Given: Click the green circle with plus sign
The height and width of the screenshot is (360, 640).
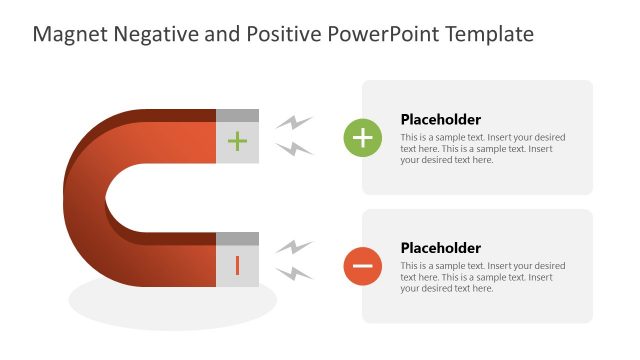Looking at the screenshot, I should [362, 137].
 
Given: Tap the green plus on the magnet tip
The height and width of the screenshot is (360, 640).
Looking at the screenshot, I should [237, 141].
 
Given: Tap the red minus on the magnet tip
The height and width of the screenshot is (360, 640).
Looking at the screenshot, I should [237, 265].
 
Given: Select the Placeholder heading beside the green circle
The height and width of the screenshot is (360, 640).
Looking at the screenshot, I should [440, 119].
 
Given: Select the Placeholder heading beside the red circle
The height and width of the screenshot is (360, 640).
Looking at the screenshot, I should [440, 248].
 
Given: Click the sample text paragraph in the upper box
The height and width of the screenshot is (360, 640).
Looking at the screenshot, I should [482, 148].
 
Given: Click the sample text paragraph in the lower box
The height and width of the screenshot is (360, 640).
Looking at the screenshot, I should [482, 277].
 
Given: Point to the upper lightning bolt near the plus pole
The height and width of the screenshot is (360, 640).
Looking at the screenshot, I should [294, 123].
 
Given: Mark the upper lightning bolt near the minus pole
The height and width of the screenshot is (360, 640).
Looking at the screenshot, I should [294, 247].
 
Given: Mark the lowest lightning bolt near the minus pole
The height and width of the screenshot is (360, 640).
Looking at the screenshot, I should [294, 272].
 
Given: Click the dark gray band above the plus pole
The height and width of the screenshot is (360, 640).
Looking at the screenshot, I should [237, 115].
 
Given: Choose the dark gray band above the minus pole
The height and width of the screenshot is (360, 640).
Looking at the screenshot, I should [237, 238].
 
